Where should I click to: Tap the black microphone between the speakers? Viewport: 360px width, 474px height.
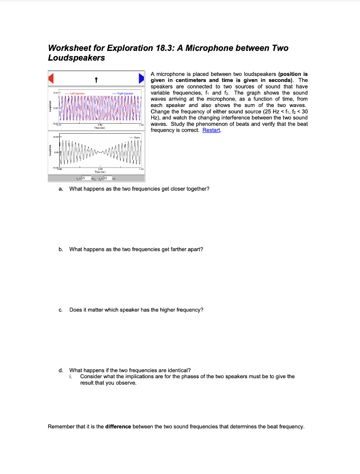[96, 79]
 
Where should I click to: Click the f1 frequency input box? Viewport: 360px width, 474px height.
[84, 178]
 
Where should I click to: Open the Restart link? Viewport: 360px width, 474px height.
[211, 130]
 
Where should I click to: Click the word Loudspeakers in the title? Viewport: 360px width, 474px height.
[76, 58]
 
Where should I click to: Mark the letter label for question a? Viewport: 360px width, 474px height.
[60, 189]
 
